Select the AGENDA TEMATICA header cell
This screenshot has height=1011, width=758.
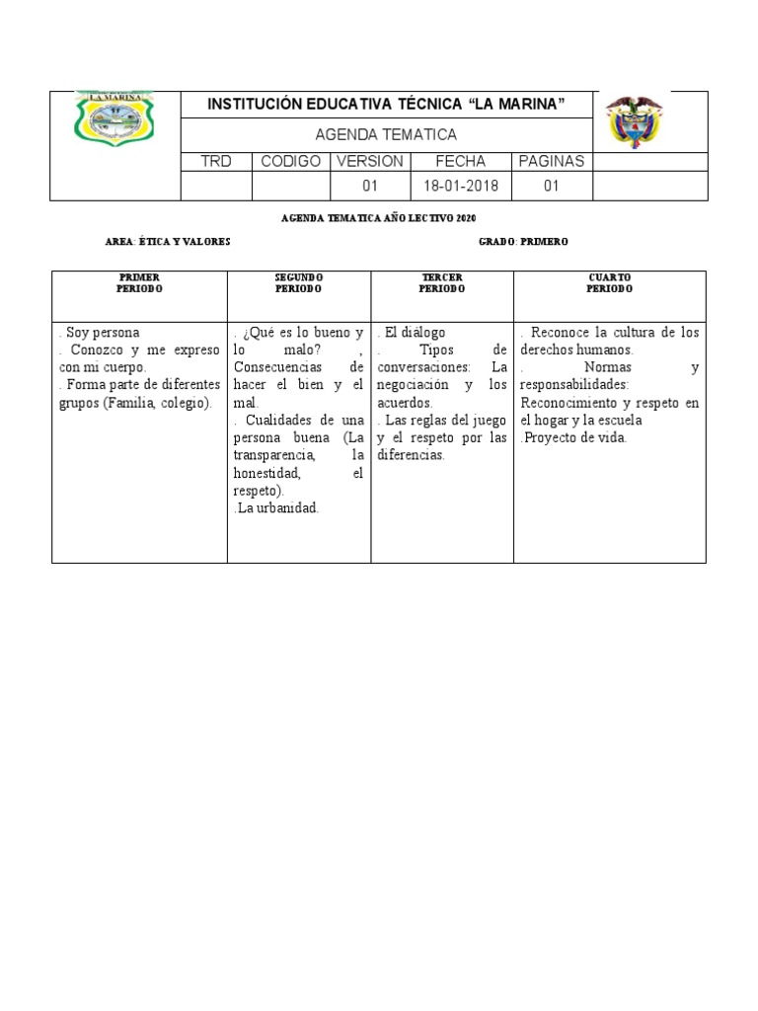[385, 134]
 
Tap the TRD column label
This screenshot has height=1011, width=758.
[216, 161]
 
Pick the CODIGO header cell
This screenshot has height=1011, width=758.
[290, 161]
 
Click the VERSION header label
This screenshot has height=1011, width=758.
[370, 161]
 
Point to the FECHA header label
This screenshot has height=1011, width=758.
[460, 161]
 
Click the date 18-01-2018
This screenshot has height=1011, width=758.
[461, 186]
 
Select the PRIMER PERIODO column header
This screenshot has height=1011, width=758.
[139, 283]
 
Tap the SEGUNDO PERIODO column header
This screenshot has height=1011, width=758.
[298, 283]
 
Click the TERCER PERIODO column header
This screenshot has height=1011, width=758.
[441, 283]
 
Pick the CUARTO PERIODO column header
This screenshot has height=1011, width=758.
[609, 283]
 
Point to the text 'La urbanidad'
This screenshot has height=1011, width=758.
[277, 508]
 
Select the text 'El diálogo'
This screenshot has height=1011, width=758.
[415, 333]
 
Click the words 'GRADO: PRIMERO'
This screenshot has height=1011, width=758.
[523, 242]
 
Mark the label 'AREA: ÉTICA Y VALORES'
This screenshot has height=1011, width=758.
[167, 242]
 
